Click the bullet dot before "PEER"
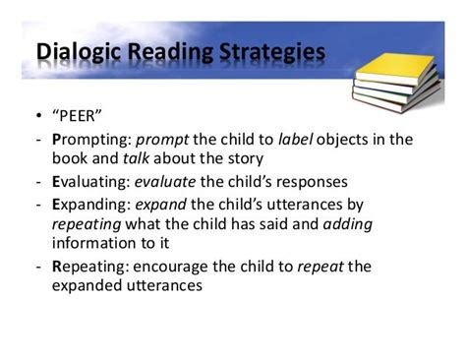(x=36, y=123)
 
